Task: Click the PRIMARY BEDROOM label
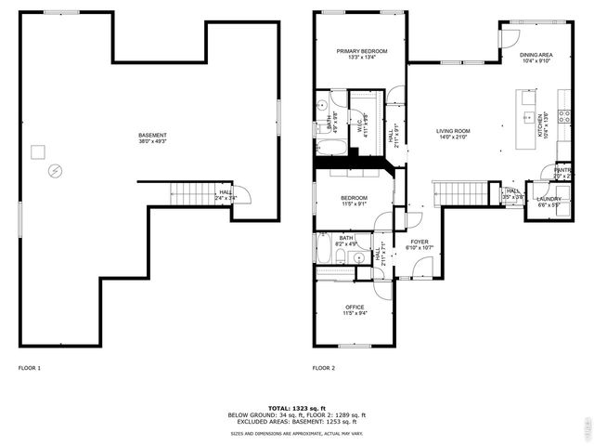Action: pyautogui.click(x=362, y=51)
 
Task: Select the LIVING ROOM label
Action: pyautogui.click(x=454, y=131)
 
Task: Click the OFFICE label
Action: pyautogui.click(x=355, y=308)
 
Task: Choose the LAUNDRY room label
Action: pyautogui.click(x=548, y=199)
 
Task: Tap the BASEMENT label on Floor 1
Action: pyautogui.click(x=152, y=136)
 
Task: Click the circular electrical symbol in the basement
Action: pyautogui.click(x=55, y=171)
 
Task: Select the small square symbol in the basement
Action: pyautogui.click(x=38, y=151)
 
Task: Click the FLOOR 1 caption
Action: pyautogui.click(x=30, y=368)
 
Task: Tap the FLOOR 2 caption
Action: pyautogui.click(x=323, y=368)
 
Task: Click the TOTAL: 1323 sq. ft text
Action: pyautogui.click(x=297, y=408)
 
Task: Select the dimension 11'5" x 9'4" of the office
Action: pyautogui.click(x=355, y=314)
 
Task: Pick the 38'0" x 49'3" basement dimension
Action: pyautogui.click(x=152, y=142)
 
